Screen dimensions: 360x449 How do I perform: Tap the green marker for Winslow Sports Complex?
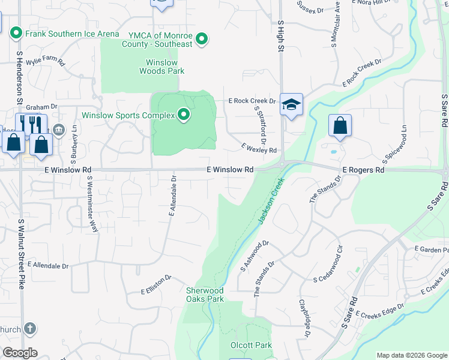point(184,115)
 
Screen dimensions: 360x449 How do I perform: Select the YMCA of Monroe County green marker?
point(202,40)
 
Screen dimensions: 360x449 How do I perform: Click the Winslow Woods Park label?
point(161,67)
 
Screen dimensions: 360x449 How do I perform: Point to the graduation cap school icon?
point(291,105)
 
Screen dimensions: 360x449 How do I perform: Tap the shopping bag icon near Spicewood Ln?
point(340,126)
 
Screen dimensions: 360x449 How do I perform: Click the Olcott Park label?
point(252,345)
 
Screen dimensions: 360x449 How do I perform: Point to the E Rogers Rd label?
point(363,170)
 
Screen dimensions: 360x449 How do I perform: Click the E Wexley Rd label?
point(259,147)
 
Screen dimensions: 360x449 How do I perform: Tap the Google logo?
point(20,353)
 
